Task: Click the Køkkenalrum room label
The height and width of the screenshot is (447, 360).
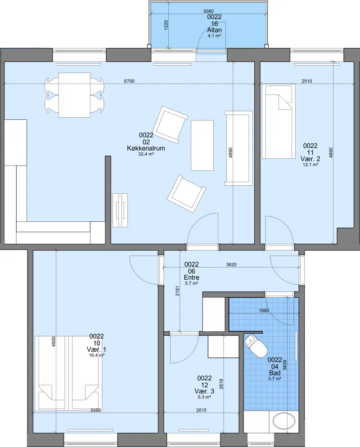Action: click(x=146, y=148)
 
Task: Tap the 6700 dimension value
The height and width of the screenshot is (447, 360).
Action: click(x=129, y=81)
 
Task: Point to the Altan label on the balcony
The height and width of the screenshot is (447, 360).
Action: click(x=215, y=30)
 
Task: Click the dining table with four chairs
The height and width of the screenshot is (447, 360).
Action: click(x=74, y=95)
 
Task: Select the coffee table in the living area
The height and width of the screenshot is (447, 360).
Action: click(x=202, y=145)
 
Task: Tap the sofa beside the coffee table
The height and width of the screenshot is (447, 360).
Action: click(x=239, y=148)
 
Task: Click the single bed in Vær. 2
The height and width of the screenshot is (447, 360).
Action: click(x=279, y=121)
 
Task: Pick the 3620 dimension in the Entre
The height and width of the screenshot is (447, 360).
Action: click(x=231, y=264)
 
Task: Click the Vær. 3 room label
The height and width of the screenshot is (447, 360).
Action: click(x=204, y=391)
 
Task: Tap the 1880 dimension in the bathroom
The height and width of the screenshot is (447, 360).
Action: click(x=264, y=310)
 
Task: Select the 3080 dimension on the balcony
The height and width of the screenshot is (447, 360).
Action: click(x=208, y=11)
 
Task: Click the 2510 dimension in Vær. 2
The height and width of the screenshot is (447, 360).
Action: click(x=307, y=81)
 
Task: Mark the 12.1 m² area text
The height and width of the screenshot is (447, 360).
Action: click(x=310, y=165)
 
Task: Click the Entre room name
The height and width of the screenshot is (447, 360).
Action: click(x=192, y=277)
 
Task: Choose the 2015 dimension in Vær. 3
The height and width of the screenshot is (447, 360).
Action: click(x=202, y=410)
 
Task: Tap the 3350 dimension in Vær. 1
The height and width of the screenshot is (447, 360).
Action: click(x=95, y=410)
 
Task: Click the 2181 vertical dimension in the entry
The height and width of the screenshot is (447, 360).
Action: click(x=177, y=291)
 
